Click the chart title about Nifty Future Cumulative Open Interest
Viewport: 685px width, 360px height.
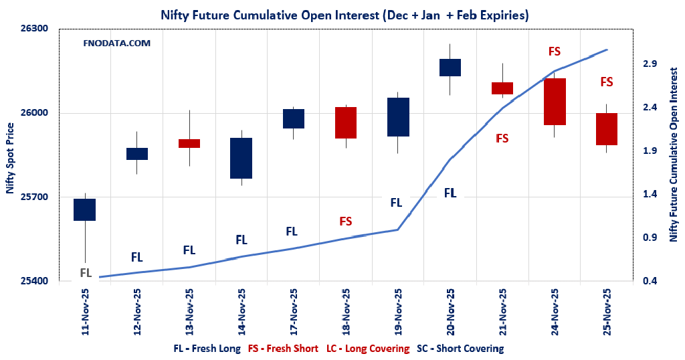tap(342, 14)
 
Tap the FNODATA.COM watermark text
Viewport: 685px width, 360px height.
tap(116, 43)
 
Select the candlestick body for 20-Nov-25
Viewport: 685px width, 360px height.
tap(450, 68)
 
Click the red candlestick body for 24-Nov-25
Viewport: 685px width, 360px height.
tap(555, 102)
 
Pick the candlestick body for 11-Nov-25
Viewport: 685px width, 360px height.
tap(85, 209)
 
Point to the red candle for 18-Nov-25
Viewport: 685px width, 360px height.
tap(346, 122)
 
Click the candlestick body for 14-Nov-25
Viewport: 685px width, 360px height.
tap(241, 158)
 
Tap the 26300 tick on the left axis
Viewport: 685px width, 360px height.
tap(35, 29)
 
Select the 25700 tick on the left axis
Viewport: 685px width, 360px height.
tap(35, 197)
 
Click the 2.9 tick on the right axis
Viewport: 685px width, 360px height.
tap(650, 64)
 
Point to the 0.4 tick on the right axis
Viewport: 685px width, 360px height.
tap(650, 281)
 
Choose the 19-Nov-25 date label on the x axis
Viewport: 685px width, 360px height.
tap(398, 312)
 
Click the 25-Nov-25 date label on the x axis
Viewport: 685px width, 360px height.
tap(607, 312)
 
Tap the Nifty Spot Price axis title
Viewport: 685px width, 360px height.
tap(10, 159)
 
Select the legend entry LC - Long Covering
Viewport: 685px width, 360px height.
tap(367, 349)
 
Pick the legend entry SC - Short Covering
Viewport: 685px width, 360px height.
tap(460, 349)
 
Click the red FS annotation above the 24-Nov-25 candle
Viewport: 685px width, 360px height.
tap(555, 52)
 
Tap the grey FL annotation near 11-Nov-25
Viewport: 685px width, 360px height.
tap(86, 272)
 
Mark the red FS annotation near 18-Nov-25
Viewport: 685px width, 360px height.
tap(345, 221)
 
